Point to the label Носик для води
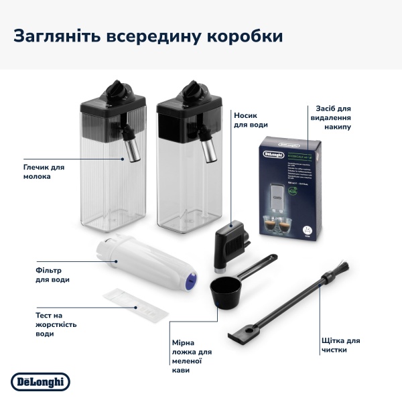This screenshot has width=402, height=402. [x=251, y=120]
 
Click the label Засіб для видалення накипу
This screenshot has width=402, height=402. [x=333, y=117]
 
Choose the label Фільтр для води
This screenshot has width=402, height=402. [x=54, y=275]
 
